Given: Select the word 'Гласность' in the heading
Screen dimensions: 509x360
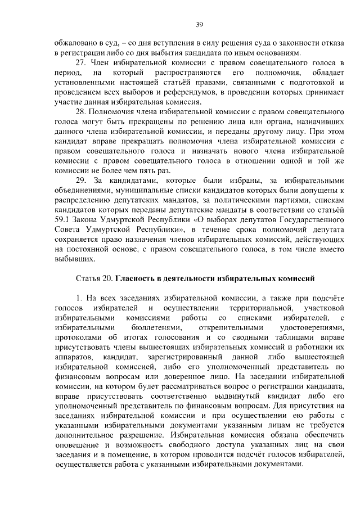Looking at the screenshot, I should [x=138, y=278].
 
